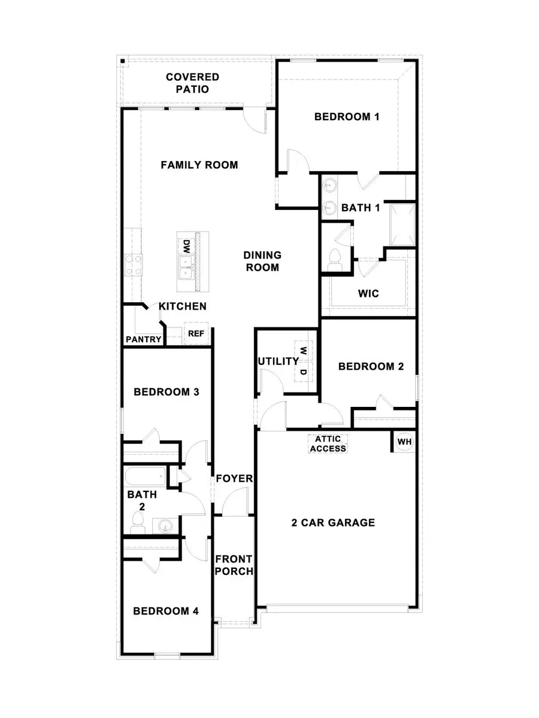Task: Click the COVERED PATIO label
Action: click(192, 83)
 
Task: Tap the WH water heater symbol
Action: click(405, 442)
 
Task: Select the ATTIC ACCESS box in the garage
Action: click(328, 443)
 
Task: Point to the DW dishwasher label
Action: click(186, 246)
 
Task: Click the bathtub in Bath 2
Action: click(144, 477)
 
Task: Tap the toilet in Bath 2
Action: click(137, 525)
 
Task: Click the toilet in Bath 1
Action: click(335, 258)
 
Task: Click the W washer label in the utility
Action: click(303, 351)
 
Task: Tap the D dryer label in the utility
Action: click(303, 372)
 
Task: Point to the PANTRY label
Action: click(144, 339)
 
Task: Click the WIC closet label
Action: click(368, 294)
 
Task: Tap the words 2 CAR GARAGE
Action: click(333, 522)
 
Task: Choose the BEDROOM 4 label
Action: click(166, 611)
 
